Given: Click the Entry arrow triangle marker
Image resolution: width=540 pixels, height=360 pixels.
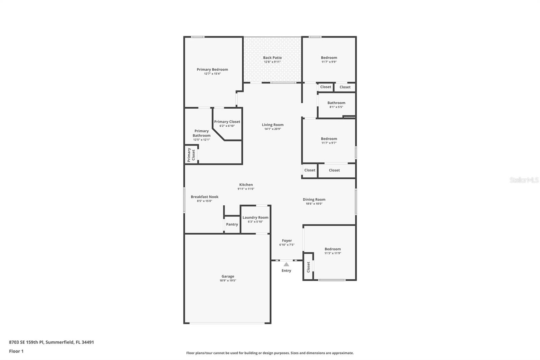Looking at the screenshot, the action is click(x=286, y=264).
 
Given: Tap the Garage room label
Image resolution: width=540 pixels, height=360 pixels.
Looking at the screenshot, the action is click(x=228, y=276).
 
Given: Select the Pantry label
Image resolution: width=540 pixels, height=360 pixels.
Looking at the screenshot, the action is click(x=232, y=224).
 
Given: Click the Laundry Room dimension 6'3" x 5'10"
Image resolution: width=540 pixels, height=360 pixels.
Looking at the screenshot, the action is click(x=255, y=222).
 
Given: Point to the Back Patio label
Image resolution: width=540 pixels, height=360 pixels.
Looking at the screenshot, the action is click(x=272, y=57).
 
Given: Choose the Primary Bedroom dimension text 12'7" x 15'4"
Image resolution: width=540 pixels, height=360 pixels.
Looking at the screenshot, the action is click(x=212, y=74).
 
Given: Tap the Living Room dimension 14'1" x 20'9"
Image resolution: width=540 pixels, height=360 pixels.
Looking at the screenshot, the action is click(x=273, y=129).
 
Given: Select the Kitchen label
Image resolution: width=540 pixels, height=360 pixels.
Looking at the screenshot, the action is click(x=246, y=185).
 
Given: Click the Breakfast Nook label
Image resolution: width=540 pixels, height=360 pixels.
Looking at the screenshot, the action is click(x=205, y=197).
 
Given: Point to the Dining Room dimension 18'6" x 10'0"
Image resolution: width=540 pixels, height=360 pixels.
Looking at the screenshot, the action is click(x=314, y=203).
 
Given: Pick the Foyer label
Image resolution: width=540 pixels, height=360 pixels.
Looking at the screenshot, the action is click(x=287, y=240).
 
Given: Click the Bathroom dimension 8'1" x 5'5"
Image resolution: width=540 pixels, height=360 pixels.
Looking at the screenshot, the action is click(x=336, y=107).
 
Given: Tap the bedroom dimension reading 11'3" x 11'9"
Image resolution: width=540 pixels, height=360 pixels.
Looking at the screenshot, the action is click(x=332, y=253).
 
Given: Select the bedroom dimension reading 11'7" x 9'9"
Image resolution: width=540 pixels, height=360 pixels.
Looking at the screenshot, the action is click(x=329, y=62).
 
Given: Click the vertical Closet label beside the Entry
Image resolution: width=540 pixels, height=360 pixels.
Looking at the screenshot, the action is click(x=308, y=267).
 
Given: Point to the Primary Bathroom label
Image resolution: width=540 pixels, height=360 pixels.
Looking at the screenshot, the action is click(x=201, y=133).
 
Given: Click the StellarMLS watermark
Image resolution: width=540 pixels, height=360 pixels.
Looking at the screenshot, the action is click(x=524, y=180).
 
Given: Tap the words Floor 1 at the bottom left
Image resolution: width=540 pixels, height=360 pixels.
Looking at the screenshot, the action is click(x=16, y=351).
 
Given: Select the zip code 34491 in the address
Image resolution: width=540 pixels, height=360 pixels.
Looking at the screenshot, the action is click(x=88, y=342).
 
